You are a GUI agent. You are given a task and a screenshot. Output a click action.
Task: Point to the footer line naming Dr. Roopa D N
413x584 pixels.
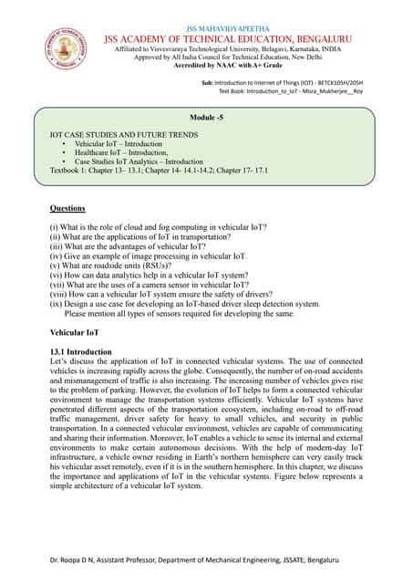205,558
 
